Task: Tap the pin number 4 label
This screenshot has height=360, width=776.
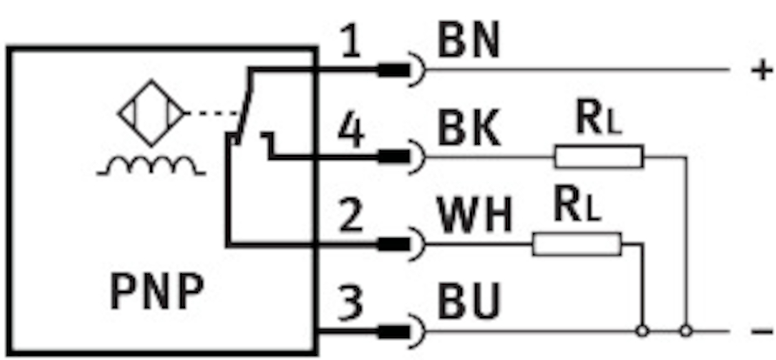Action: (350, 133)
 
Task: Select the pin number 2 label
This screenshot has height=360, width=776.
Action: (350, 217)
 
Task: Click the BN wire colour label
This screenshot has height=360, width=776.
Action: (468, 43)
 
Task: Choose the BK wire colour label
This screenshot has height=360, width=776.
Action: (468, 130)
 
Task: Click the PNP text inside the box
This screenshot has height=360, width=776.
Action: (156, 292)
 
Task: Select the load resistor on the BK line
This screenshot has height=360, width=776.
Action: (598, 157)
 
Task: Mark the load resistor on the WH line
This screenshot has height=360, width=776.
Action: (577, 244)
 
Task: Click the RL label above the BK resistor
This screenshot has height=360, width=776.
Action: (598, 120)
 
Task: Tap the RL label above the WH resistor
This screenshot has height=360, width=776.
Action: (577, 207)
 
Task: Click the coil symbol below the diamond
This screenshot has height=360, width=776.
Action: (152, 167)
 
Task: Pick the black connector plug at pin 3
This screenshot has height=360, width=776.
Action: (393, 332)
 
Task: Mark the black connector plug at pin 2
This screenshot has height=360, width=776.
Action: (393, 244)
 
